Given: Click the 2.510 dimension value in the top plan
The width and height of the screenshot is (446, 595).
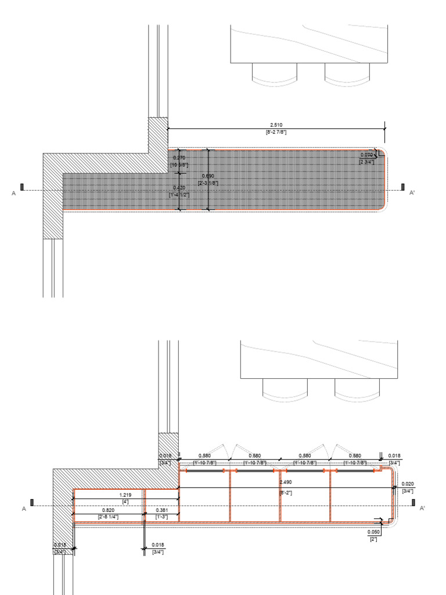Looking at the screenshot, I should (x=276, y=125).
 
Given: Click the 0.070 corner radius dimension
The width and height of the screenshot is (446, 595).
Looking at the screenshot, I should (x=366, y=155).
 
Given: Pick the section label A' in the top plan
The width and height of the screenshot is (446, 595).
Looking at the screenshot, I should (x=412, y=192).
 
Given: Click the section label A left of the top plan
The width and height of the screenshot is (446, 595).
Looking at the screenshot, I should (x=13, y=193).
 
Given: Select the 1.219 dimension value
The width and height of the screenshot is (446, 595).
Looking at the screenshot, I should (x=124, y=494).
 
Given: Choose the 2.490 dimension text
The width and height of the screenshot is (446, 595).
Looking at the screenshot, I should (x=286, y=482).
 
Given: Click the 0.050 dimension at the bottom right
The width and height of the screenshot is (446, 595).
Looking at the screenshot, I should (x=373, y=532).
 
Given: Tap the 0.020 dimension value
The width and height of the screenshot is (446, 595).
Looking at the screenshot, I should (x=408, y=484).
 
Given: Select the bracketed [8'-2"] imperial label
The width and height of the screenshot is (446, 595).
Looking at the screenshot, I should (x=286, y=493).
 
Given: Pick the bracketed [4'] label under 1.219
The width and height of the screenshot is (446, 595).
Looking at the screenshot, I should (x=124, y=501).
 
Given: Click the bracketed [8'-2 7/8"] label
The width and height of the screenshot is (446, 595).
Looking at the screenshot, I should (x=276, y=132).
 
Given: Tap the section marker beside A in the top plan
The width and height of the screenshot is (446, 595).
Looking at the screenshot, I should (x=22, y=187).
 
